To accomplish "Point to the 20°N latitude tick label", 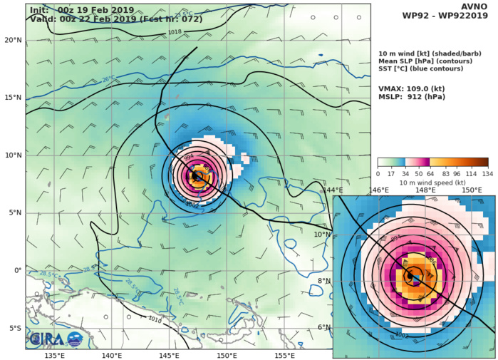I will (13, 40).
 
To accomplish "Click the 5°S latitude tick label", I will (14, 328).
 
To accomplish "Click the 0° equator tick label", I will (18, 270).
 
